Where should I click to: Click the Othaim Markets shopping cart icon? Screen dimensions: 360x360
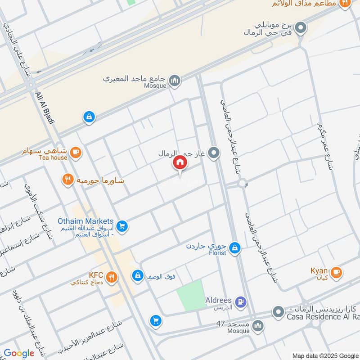(121, 225)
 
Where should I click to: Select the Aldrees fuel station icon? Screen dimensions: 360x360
(241, 302)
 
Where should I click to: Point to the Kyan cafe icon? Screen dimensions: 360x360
(336, 272)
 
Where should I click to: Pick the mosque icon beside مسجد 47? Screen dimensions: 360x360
(258, 326)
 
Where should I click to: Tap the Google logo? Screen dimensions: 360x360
(19, 353)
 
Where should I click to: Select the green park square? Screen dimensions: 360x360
(191, 294)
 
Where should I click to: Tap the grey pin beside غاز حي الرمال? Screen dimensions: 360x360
(215, 153)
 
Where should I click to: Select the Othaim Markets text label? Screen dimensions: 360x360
(85, 221)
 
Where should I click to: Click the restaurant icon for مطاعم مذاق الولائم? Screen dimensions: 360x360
(345, 3)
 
